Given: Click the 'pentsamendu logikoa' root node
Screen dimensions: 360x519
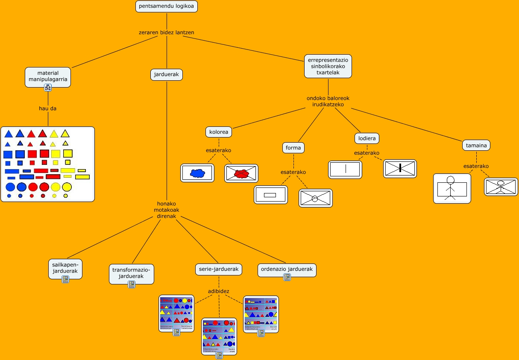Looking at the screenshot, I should [x=167, y=6].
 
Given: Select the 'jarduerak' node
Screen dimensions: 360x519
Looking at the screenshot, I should [x=167, y=75].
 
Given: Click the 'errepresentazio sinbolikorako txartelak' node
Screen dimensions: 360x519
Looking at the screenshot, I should [x=328, y=66].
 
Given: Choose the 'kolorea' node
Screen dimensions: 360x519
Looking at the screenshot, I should [x=219, y=132].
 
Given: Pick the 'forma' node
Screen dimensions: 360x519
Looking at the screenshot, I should [x=293, y=148].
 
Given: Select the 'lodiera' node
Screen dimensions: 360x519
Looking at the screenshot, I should [x=367, y=138].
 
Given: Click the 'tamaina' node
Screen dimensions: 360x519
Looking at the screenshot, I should [x=476, y=145].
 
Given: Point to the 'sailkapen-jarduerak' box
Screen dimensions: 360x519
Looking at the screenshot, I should [x=65, y=267].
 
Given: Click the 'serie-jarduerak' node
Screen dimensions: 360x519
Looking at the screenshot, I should [x=219, y=269].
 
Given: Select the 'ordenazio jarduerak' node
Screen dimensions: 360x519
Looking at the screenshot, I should [x=287, y=269].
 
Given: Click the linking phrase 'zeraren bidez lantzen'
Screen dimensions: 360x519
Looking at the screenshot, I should [x=167, y=32].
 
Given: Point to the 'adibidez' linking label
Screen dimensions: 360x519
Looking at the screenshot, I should [x=219, y=291].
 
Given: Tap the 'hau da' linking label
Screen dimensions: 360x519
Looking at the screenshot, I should [x=47, y=108].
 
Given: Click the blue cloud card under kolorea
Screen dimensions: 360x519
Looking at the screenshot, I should [x=197, y=173].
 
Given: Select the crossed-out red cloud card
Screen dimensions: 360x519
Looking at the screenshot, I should [x=241, y=173].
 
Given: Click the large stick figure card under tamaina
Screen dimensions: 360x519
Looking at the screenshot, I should [x=452, y=188].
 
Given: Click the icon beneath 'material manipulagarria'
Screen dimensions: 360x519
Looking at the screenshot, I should [x=48, y=88].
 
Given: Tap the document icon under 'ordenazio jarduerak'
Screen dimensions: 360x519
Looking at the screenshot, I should [x=287, y=277].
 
